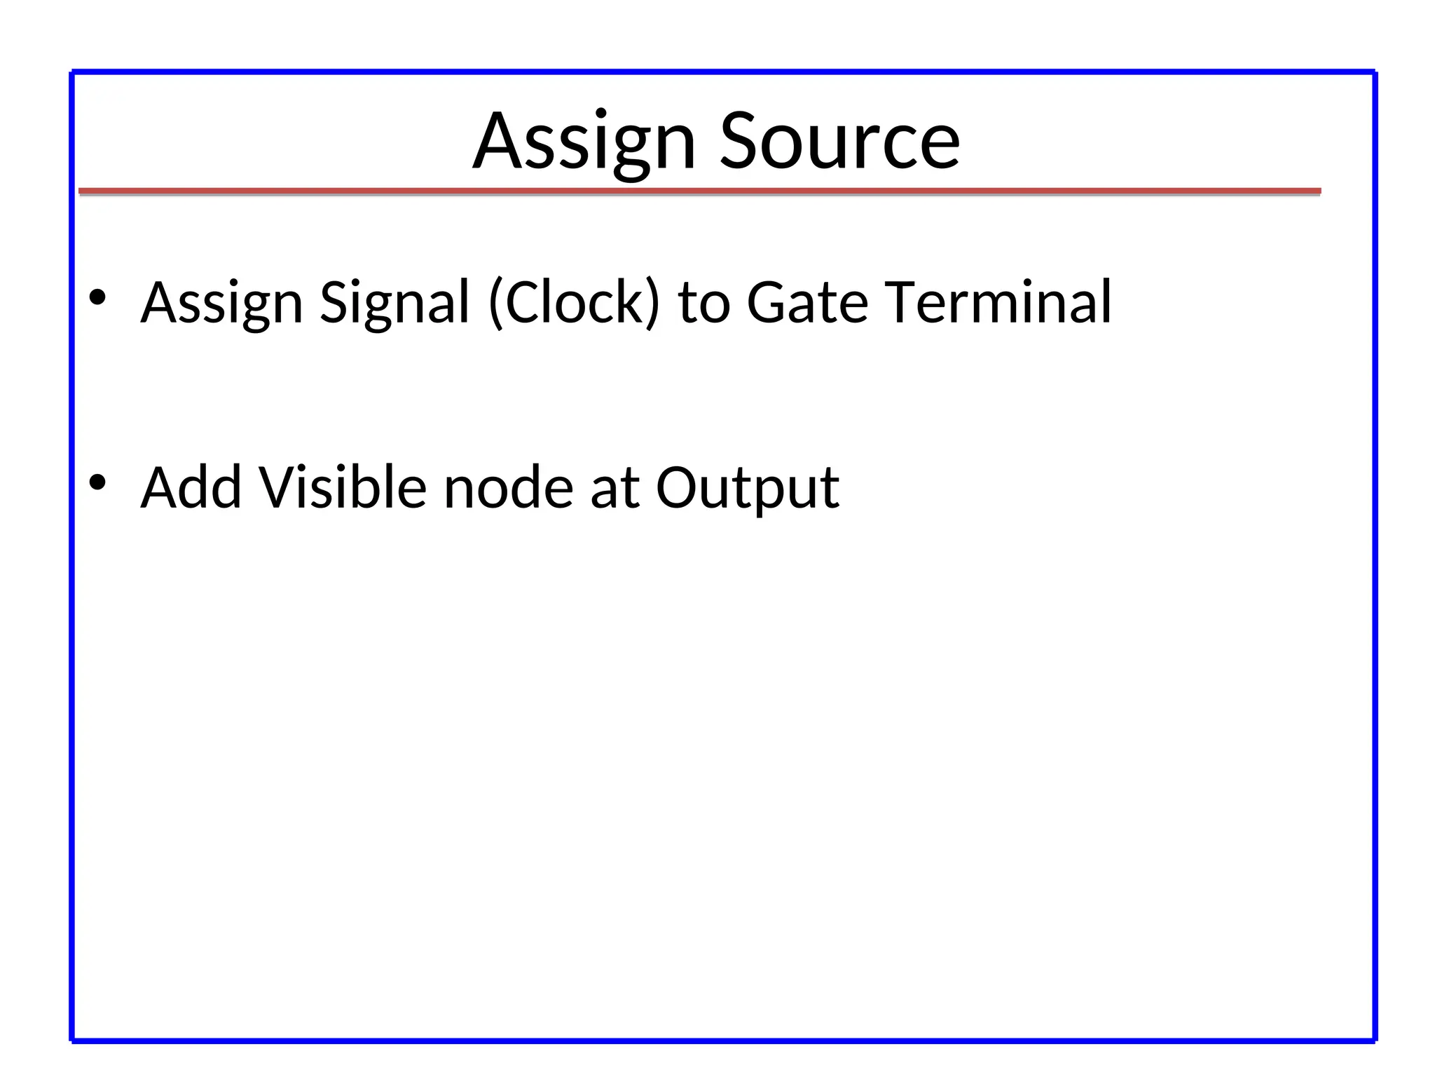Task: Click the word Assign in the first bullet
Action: (221, 303)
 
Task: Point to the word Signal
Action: (394, 303)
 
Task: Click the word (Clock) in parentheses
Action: (574, 303)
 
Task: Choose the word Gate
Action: (807, 303)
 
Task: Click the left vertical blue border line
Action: (72, 561)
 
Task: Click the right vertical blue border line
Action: (1375, 561)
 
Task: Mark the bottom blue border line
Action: (722, 1041)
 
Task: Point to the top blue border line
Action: (722, 72)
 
